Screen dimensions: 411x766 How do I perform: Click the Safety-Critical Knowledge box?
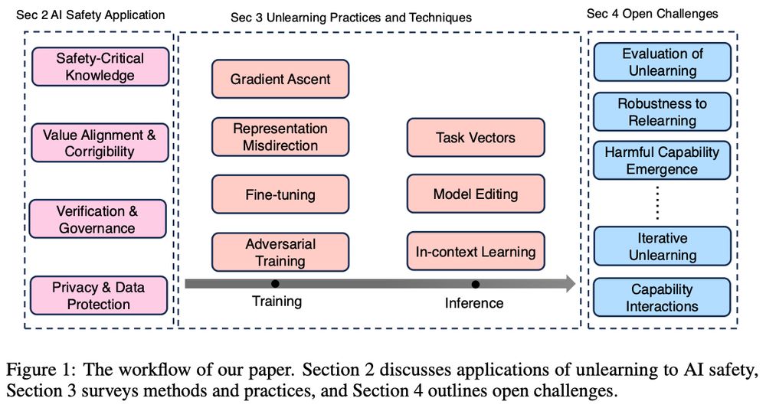[100, 67]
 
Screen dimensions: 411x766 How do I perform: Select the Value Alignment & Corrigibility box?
[100, 142]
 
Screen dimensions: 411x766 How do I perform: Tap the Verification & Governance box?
[100, 218]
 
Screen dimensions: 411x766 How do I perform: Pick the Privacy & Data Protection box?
[100, 295]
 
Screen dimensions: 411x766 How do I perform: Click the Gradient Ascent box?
[280, 79]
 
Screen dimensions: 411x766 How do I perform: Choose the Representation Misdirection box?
[280, 137]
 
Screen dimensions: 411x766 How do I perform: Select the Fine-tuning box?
[280, 194]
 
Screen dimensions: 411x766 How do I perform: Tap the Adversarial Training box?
[280, 253]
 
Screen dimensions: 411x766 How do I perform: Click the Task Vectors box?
[476, 138]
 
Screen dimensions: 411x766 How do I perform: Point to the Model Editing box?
[476, 194]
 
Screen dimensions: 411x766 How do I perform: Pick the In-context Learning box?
[476, 251]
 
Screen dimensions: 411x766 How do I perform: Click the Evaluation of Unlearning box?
[663, 62]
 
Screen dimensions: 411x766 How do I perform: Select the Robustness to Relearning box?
[663, 112]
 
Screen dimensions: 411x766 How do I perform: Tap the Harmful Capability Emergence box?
[663, 160]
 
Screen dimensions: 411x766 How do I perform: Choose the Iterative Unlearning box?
[663, 246]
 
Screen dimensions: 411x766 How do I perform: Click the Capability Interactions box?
[663, 298]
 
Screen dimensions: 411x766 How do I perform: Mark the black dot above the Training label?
[275, 284]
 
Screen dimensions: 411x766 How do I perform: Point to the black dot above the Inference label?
[475, 284]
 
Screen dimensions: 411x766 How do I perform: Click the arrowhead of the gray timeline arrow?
[568, 284]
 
